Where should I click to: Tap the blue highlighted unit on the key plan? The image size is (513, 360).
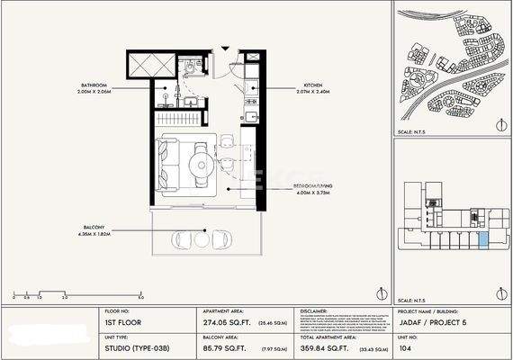pos(483,238)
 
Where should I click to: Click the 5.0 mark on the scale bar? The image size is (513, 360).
pos(140,295)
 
